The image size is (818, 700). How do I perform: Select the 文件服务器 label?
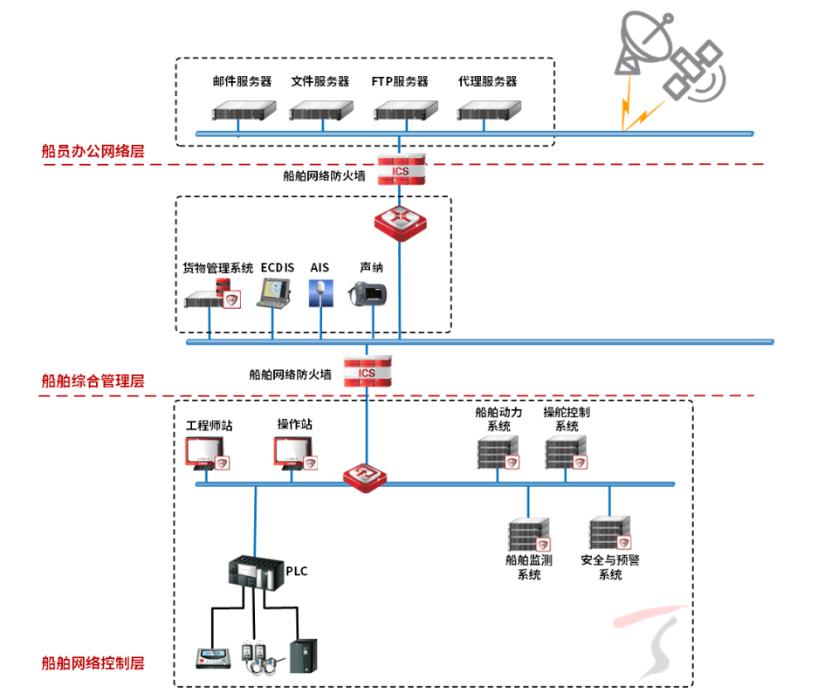click(x=320, y=82)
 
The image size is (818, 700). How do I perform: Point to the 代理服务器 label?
click(x=488, y=82)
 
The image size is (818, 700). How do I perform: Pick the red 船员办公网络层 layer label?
click(x=93, y=151)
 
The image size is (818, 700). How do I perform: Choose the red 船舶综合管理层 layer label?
click(x=93, y=381)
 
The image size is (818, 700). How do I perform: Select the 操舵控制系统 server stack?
click(x=567, y=453)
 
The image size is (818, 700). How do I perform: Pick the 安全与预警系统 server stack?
click(x=609, y=533)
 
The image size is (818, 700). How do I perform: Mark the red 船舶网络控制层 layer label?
click(x=93, y=663)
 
